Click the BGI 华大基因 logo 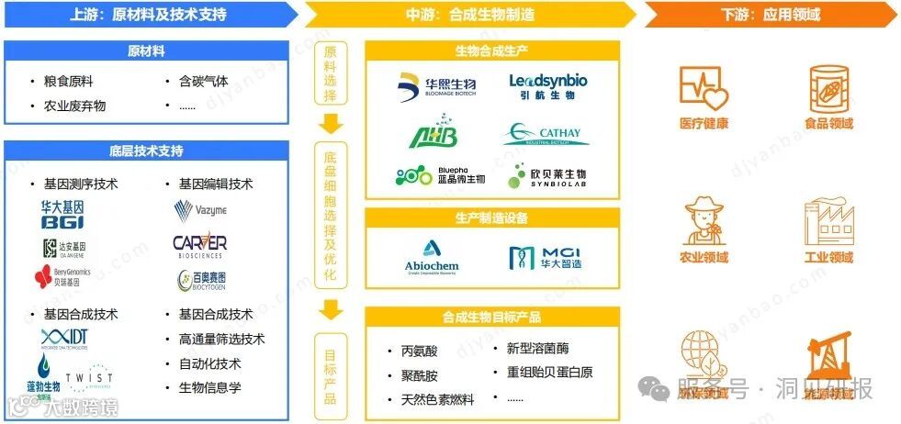62,215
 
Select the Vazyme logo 200,212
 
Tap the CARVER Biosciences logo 199,246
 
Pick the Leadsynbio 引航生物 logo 548,87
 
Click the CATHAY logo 542,135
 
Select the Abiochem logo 432,255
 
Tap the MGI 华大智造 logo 546,257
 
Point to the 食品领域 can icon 828,89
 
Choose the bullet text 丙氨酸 419,351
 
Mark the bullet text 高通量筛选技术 221,340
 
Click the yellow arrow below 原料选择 332,124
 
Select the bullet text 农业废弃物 74,106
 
